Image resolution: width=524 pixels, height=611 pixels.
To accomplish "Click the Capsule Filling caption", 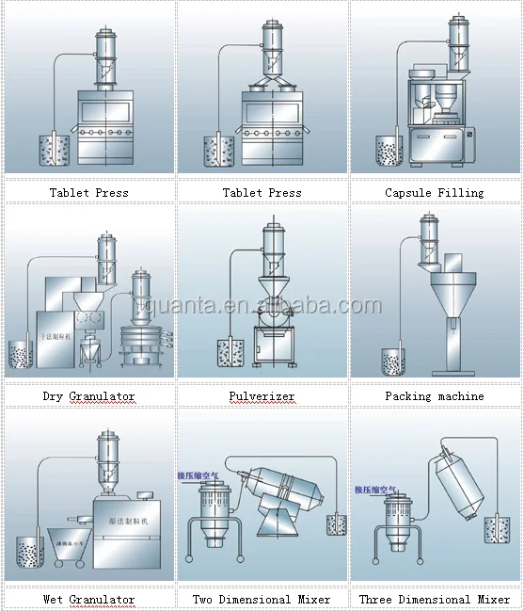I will tap(435, 193).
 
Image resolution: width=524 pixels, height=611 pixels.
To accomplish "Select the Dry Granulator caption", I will tap(88, 396).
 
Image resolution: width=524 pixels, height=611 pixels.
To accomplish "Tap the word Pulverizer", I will tap(262, 396).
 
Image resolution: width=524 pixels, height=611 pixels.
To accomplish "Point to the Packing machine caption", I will tap(435, 396).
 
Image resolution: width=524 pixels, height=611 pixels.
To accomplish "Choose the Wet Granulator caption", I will tap(88, 599).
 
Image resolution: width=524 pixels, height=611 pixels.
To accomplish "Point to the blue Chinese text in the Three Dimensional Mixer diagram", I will tap(375, 490).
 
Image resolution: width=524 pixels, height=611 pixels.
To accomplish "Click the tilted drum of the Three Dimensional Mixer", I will tap(466, 490).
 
